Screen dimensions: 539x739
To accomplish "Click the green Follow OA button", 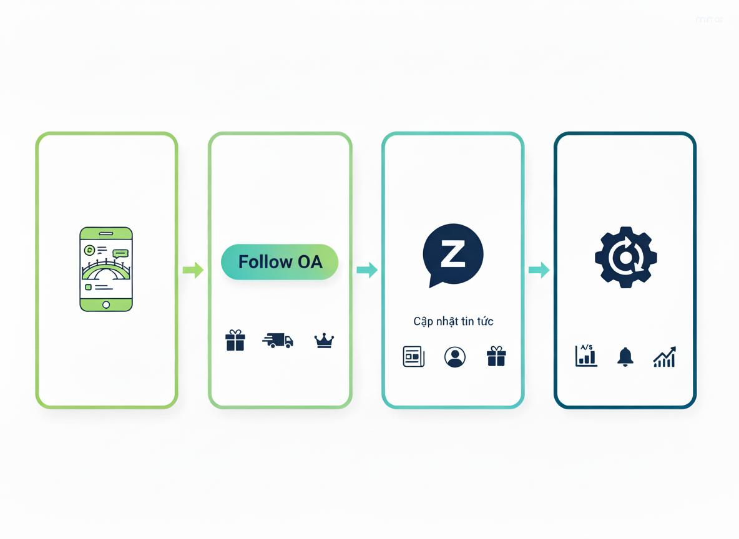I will click(x=280, y=261).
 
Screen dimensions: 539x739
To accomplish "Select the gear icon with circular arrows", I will click(x=625, y=256).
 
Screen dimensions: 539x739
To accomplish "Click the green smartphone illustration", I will click(x=106, y=269).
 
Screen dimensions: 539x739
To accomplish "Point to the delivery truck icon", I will click(x=278, y=340).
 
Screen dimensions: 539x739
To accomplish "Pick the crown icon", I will click(x=324, y=341).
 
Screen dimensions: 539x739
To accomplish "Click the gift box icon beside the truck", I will click(x=235, y=341).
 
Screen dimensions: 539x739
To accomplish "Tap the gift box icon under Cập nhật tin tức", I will click(x=496, y=357).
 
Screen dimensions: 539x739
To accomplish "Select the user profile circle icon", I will click(x=454, y=357).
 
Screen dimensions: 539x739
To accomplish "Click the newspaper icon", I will click(x=413, y=356).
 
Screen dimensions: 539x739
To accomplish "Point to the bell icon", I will click(x=625, y=356).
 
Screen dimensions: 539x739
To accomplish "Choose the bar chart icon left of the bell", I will click(x=586, y=356).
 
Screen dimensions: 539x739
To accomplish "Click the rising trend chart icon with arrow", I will click(x=664, y=357).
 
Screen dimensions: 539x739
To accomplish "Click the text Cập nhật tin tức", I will click(x=453, y=322).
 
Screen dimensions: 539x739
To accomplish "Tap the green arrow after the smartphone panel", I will click(x=193, y=270).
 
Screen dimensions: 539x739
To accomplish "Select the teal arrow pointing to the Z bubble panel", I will click(x=367, y=270).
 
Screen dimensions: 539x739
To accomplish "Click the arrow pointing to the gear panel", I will click(x=539, y=270).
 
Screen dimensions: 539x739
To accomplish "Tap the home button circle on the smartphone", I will click(x=106, y=304).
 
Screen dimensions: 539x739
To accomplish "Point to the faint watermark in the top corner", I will click(x=709, y=20).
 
